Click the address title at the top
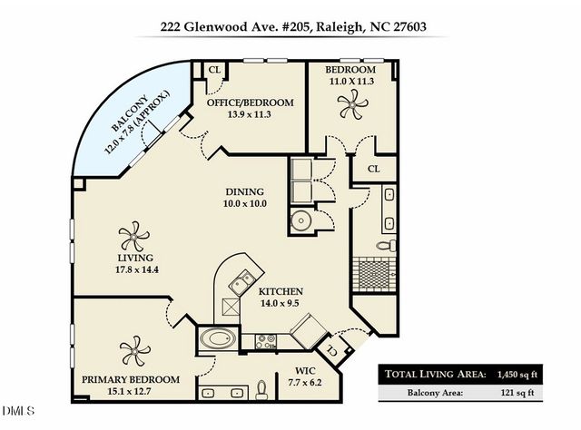(290, 27)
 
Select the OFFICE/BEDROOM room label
(251, 103)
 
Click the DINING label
(244, 191)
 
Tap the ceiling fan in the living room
(133, 238)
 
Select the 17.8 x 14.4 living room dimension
(133, 269)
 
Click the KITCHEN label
(281, 291)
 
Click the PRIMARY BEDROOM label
(130, 378)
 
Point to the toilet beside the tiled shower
(385, 245)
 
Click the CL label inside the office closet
(215, 69)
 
